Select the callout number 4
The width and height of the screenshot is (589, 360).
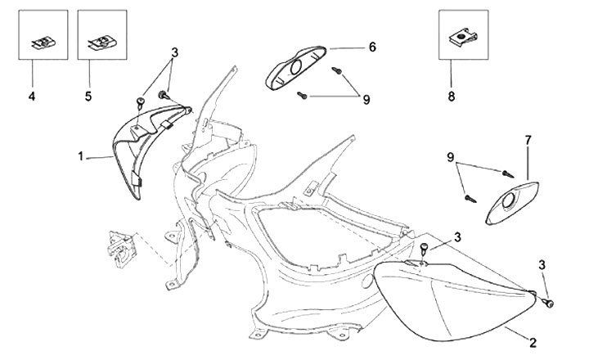(x=32, y=97)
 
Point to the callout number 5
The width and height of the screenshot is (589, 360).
(x=88, y=97)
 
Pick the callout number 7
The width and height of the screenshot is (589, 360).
(x=528, y=140)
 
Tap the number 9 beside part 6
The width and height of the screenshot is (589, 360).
(x=367, y=99)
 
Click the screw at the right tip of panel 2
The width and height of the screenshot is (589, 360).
(x=547, y=304)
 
